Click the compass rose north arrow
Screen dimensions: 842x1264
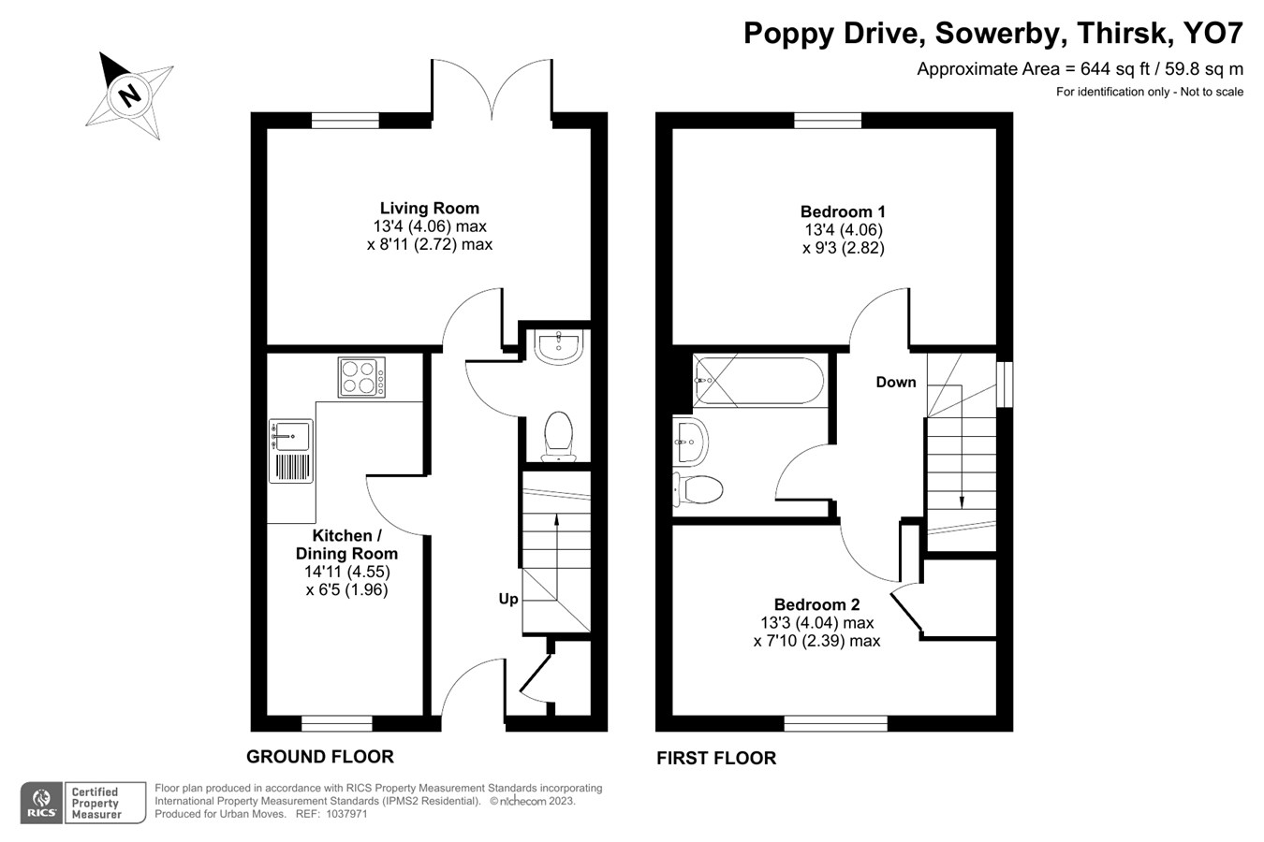tap(129, 94)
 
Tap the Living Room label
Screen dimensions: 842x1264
tap(429, 208)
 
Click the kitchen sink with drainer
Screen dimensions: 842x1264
tap(291, 450)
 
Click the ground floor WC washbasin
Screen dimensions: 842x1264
tap(559, 344)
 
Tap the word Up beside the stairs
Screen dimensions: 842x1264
tap(507, 598)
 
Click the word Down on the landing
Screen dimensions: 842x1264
tap(895, 382)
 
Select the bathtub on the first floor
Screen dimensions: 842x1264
tap(758, 381)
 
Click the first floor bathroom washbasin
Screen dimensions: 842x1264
tap(690, 440)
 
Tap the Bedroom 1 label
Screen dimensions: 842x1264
tap(843, 211)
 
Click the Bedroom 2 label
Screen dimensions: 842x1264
tap(816, 604)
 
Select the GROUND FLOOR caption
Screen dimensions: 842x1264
tap(319, 756)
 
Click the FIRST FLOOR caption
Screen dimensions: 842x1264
tap(715, 758)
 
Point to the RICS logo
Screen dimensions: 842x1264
tap(41, 803)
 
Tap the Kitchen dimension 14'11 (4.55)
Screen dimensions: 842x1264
tap(346, 572)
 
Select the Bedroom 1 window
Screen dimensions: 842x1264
tap(828, 120)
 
